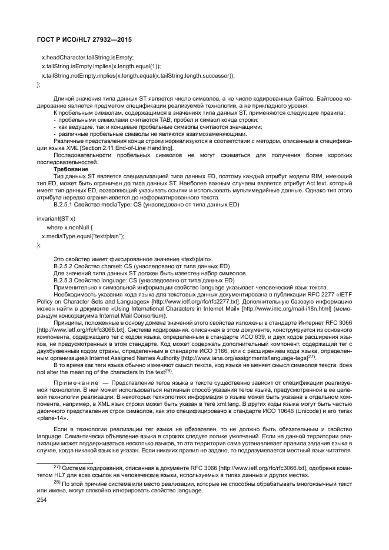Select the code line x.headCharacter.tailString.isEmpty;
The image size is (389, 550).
87,57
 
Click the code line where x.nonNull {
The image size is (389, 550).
70,227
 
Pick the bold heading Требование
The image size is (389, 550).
70,169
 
